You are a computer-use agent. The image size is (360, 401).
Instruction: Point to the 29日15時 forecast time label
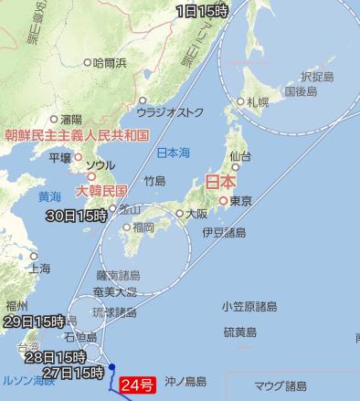pyautogui.click(x=33, y=322)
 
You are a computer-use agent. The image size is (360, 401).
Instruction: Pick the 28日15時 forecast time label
pyautogui.click(x=54, y=356)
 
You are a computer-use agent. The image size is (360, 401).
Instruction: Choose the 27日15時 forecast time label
pyautogui.click(x=71, y=373)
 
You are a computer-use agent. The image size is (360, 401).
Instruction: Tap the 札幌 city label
pyautogui.click(x=257, y=102)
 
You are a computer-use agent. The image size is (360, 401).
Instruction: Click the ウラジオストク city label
pyautogui.click(x=172, y=113)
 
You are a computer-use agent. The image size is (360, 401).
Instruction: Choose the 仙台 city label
pyautogui.click(x=241, y=156)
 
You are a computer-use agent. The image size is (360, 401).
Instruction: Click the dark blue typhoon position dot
pyautogui.click(x=111, y=368)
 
